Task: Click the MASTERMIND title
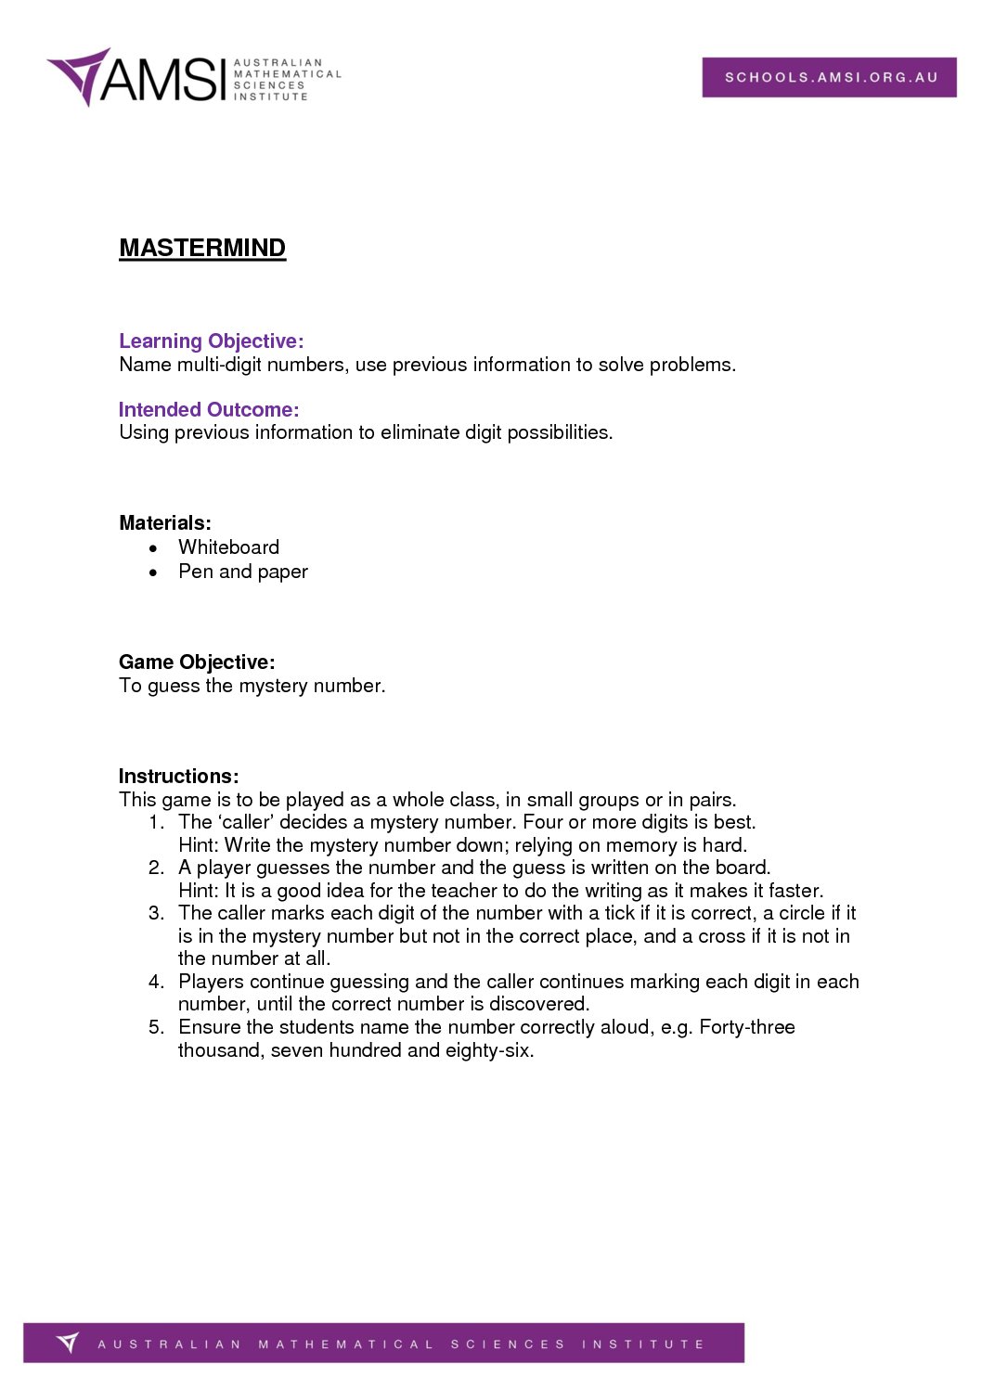tap(202, 248)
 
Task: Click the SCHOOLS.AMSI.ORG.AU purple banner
tap(829, 77)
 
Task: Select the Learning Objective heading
tap(212, 341)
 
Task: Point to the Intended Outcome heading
tap(209, 410)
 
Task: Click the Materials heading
tap(165, 523)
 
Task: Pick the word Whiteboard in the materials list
tap(228, 547)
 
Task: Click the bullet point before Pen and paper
tap(154, 572)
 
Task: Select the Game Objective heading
tap(197, 662)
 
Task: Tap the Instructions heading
tap(179, 777)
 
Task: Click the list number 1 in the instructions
tap(156, 822)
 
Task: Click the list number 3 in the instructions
tap(156, 913)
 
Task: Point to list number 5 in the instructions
tap(156, 1027)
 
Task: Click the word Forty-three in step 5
tap(746, 1027)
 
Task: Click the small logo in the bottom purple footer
tap(68, 1343)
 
